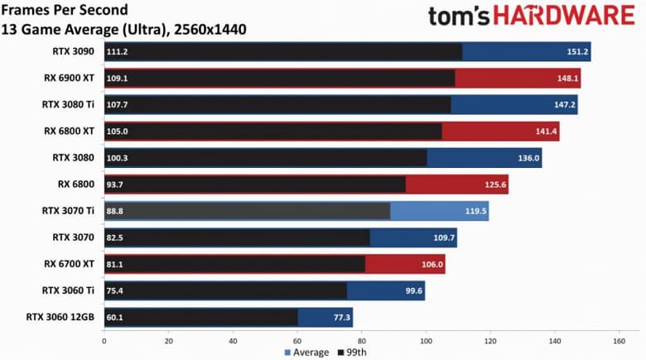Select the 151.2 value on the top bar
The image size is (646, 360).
576,51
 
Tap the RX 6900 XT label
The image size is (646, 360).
69,78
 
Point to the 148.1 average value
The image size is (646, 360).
566,78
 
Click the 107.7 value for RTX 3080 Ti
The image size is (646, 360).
118,104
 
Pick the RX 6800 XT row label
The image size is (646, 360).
69,131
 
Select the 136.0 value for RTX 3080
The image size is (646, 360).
528,157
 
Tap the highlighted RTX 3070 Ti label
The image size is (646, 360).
68,210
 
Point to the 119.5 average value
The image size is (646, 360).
475,210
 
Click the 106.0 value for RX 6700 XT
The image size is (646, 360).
431,264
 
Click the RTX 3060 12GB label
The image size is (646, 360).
63,317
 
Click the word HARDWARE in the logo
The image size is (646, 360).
564,17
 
